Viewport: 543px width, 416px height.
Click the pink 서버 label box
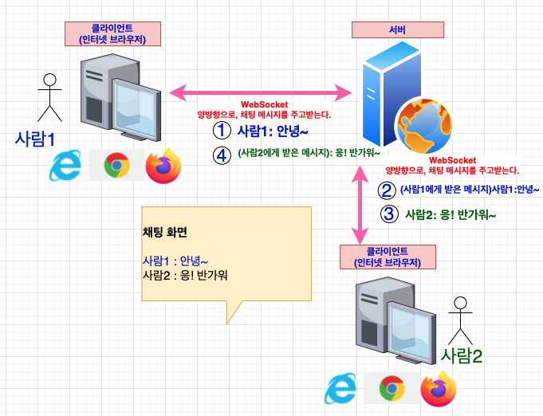point(396,31)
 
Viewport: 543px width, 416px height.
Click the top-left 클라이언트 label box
point(108,33)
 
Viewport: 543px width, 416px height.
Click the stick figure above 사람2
point(458,320)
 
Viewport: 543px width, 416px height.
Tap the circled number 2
point(387,190)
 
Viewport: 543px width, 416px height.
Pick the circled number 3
point(388,214)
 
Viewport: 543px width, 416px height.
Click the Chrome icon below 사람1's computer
point(116,166)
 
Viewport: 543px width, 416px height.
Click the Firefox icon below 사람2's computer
point(437,389)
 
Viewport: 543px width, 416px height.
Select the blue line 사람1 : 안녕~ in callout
point(175,261)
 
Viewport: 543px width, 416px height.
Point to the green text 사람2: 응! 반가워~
point(451,214)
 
